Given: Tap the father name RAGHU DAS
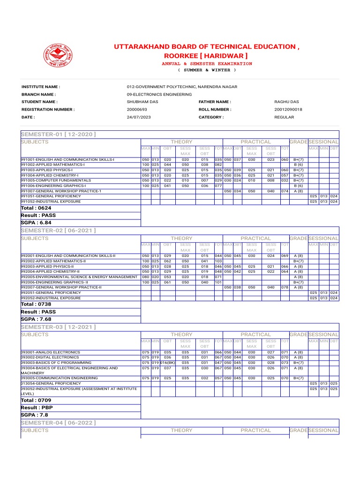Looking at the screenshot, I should [x=286, y=102].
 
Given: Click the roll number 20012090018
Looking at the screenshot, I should [x=288, y=109].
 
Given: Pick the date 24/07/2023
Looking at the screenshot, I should [x=139, y=117].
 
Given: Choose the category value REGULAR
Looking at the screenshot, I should [x=284, y=117].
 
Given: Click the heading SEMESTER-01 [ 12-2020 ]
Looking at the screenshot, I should [x=58, y=135].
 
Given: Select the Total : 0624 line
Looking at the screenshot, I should [x=36, y=208].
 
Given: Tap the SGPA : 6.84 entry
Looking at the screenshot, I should [x=36, y=223].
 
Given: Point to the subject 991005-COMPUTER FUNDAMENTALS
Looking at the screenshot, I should [x=56, y=180].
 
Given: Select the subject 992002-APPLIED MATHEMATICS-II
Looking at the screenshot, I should [x=53, y=262].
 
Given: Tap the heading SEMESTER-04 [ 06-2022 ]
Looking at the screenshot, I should [x=58, y=423].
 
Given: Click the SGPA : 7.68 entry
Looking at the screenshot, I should [x=36, y=319].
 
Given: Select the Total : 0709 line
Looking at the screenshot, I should [x=36, y=400].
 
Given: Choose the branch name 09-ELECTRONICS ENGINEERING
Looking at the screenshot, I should [x=159, y=94].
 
